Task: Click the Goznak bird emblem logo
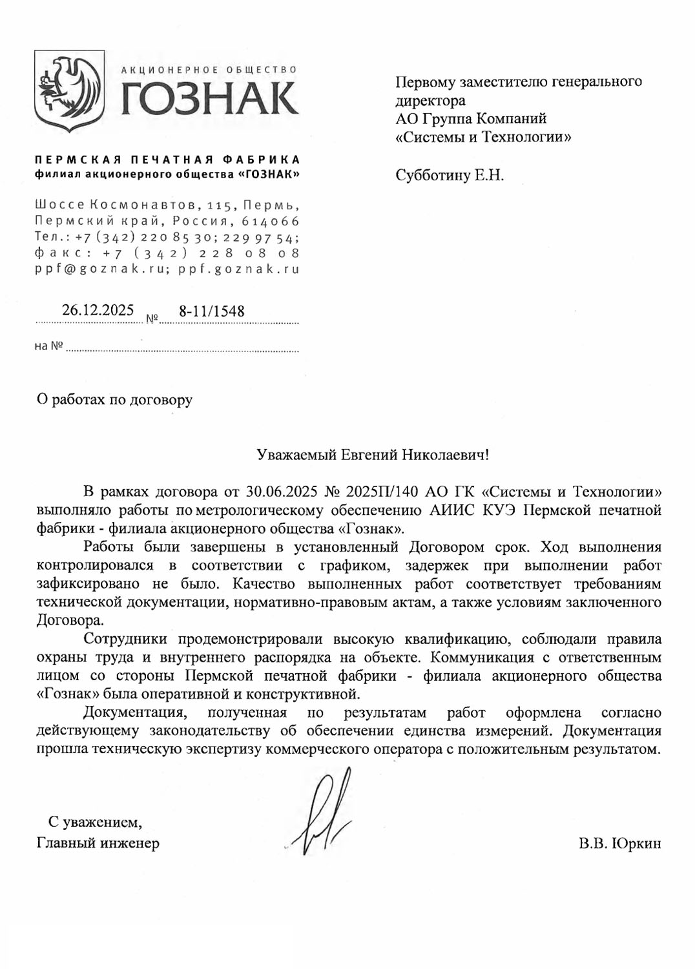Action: [69, 91]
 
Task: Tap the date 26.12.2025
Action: [98, 311]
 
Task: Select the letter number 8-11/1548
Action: [212, 311]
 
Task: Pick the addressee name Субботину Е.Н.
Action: [450, 175]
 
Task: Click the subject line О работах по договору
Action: [114, 400]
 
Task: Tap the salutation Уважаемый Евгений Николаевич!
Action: [373, 455]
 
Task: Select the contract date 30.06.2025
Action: [282, 492]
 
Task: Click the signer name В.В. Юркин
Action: [619, 844]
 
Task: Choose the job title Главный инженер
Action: [98, 843]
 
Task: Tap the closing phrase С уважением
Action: [95, 822]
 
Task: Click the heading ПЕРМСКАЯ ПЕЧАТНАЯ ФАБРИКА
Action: [167, 160]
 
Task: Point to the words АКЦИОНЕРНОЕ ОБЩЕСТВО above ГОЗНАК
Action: [209, 70]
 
